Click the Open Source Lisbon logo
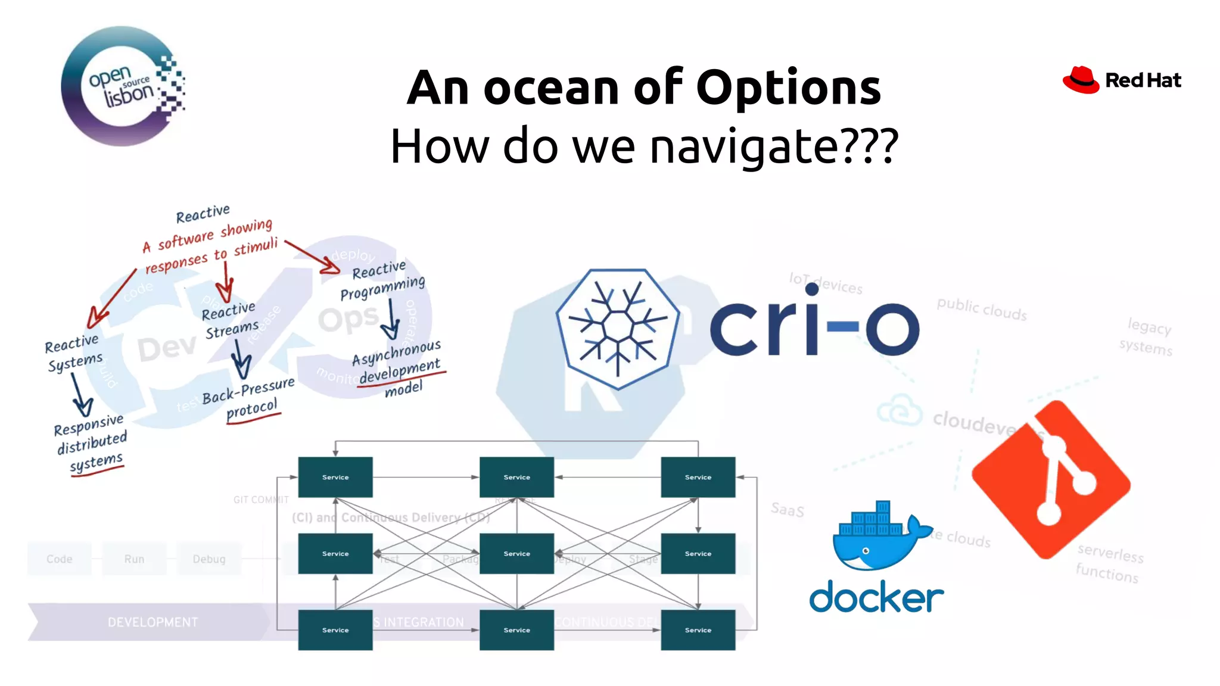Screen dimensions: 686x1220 (x=122, y=86)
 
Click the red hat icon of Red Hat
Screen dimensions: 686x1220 (x=1081, y=80)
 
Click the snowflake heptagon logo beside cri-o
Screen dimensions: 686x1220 (x=618, y=328)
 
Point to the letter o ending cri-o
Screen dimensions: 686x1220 (x=892, y=328)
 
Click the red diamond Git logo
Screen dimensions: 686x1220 (x=1051, y=479)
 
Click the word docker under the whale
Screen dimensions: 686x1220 (x=876, y=597)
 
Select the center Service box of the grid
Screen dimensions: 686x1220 (x=516, y=553)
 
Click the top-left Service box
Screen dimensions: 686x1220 (x=335, y=477)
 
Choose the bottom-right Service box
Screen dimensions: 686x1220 (x=698, y=629)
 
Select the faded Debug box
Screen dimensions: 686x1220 (x=209, y=559)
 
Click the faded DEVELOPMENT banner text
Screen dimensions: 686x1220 (x=152, y=622)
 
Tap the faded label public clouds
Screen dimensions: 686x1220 (x=981, y=308)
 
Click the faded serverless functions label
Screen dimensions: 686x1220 (x=1109, y=563)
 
